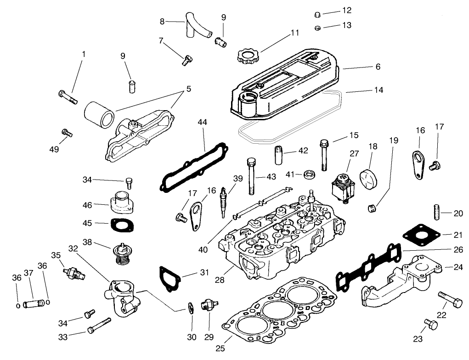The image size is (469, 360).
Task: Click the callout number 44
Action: pos(203,122)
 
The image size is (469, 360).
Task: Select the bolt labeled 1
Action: pos(68,97)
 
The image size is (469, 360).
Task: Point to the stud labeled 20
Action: pos(436,213)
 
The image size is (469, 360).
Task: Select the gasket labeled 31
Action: pos(170,278)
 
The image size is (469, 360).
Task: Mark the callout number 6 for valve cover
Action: pos(378,67)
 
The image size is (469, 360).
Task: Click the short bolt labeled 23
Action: pos(430,326)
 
